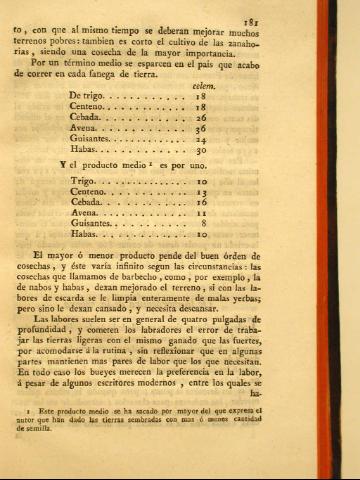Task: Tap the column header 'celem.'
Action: click(x=203, y=88)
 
